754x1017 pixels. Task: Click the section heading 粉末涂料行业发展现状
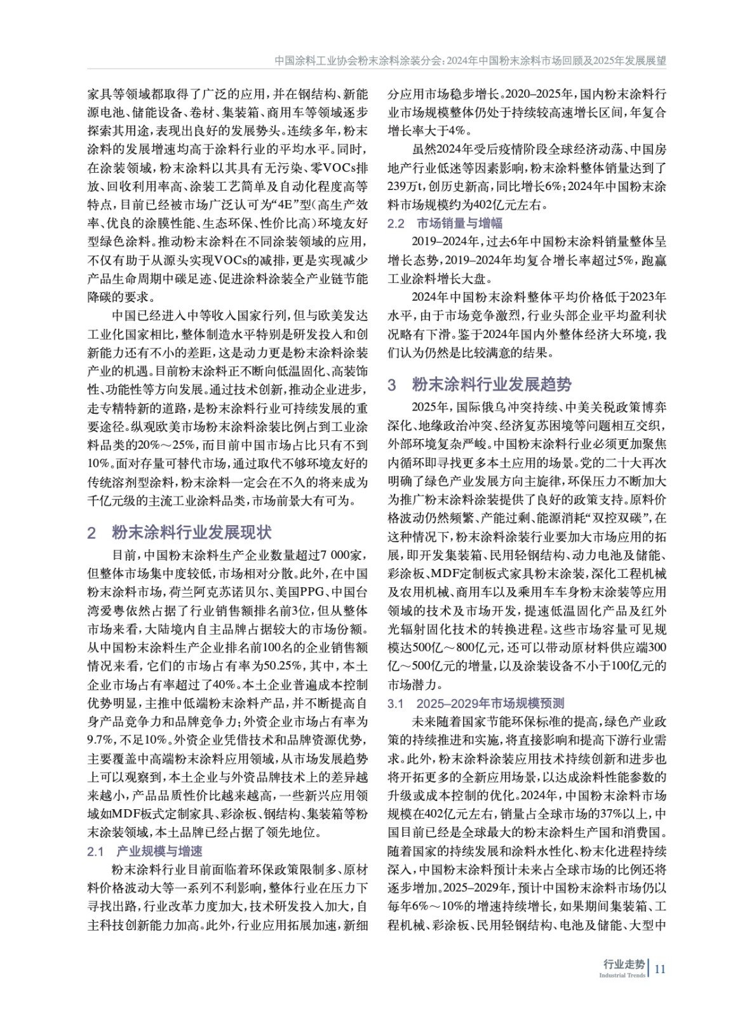pos(192,533)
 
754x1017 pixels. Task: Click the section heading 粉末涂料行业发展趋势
pos(492,385)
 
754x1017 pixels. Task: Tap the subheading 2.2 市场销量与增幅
pos(445,223)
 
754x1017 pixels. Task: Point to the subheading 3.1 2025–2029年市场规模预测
pos(476,704)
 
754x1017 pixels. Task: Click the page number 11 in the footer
pos(660,969)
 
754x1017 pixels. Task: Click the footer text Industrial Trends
pos(622,975)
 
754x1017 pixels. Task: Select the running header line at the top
pos(470,61)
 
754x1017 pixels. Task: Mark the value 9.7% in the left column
pos(100,740)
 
